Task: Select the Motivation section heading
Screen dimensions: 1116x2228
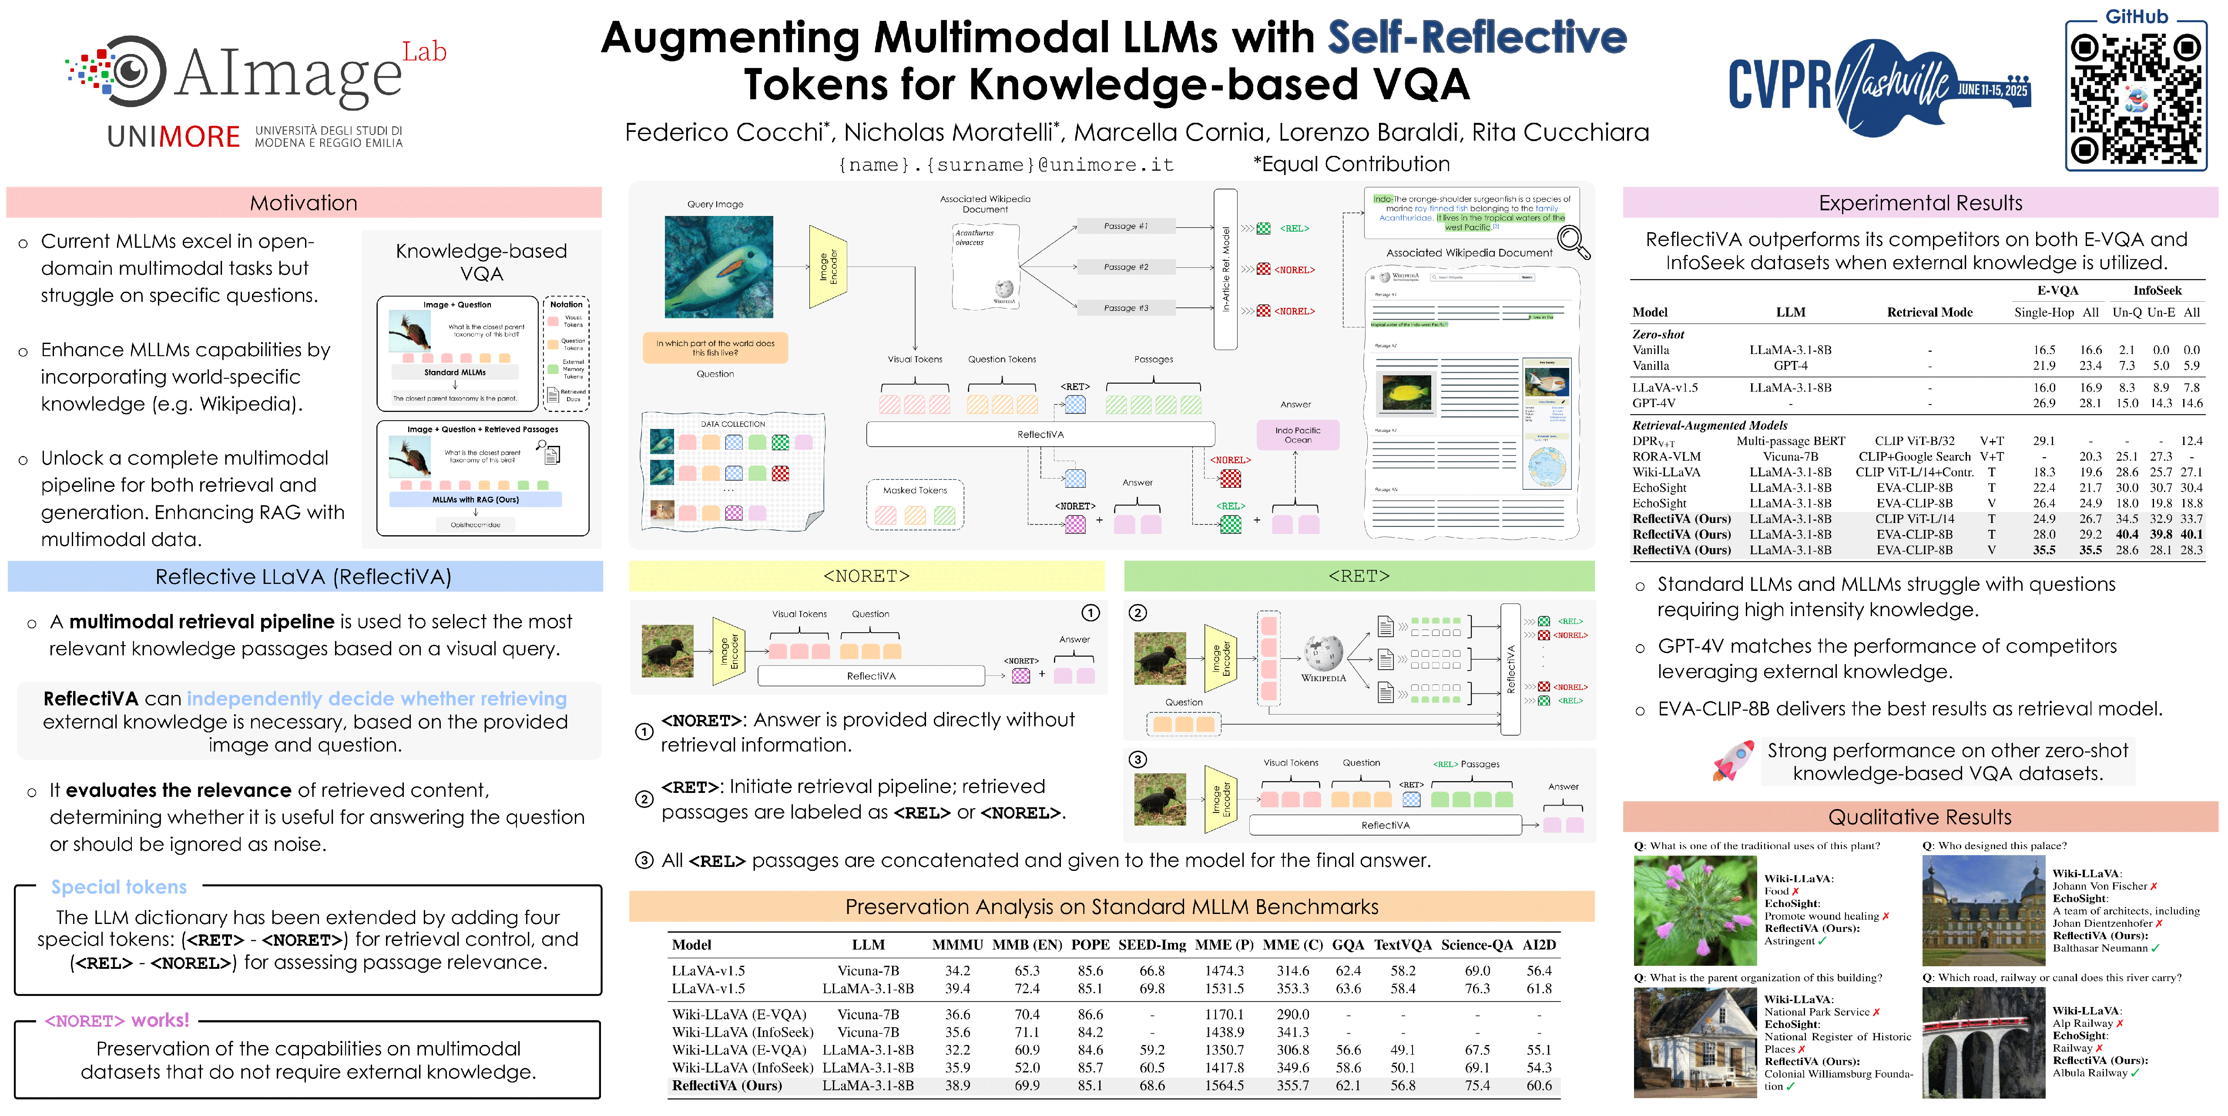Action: pyautogui.click(x=304, y=202)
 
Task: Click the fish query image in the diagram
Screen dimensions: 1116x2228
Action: pyautogui.click(x=718, y=266)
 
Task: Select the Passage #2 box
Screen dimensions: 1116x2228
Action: pyautogui.click(x=1126, y=267)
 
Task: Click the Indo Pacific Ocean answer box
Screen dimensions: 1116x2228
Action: pyautogui.click(x=1297, y=434)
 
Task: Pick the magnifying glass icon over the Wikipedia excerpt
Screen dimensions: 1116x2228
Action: pyautogui.click(x=1572, y=242)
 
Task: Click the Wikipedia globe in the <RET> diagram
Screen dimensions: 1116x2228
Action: pyautogui.click(x=1323, y=653)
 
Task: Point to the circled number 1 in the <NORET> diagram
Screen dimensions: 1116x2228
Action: pyautogui.click(x=1091, y=613)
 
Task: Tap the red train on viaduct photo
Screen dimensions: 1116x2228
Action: pyautogui.click(x=1983, y=1042)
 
